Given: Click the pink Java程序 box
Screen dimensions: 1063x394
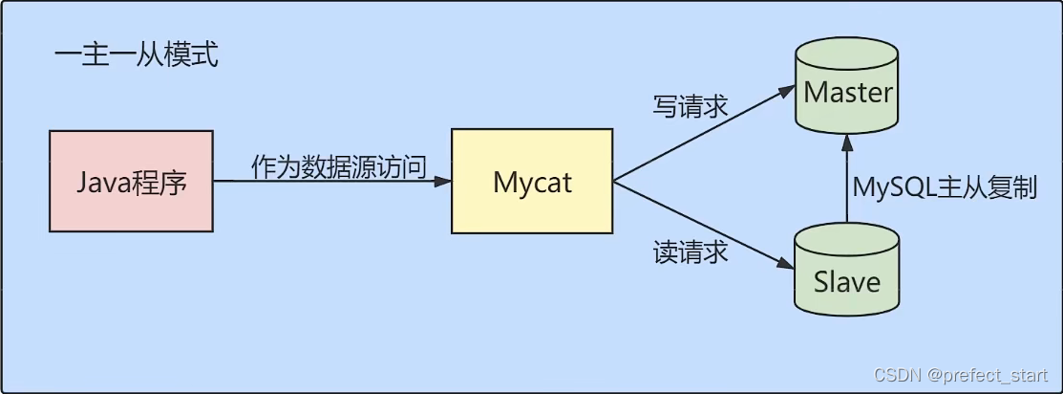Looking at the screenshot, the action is (x=132, y=182).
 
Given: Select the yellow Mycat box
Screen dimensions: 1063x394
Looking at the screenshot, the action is (x=532, y=182).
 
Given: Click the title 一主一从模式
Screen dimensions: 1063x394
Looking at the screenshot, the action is (x=136, y=55).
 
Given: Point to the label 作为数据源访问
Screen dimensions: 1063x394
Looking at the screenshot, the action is (x=338, y=164).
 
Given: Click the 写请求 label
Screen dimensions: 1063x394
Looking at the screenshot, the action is (x=690, y=105).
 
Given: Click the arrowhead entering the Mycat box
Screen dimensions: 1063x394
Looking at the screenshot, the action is (x=442, y=182).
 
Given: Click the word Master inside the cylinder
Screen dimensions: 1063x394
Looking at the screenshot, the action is (x=847, y=93).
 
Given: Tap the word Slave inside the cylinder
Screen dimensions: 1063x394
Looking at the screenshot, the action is (x=846, y=282).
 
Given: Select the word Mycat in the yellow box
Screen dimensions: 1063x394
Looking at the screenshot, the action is (x=532, y=182).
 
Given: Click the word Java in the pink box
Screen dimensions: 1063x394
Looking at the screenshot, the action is (x=99, y=182).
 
